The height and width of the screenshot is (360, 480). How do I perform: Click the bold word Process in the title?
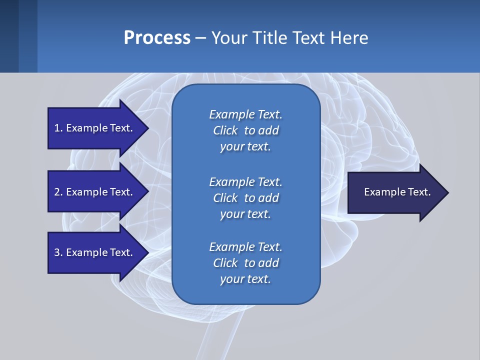[x=157, y=38]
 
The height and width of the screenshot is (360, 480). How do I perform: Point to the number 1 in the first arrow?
[x=57, y=128]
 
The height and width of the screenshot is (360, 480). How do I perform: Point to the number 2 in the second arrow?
[x=57, y=192]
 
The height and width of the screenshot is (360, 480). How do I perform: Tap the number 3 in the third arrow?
[x=57, y=252]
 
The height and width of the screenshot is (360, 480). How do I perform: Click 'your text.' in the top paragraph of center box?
[x=245, y=147]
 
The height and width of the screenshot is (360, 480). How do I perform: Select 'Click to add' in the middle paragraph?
[x=245, y=198]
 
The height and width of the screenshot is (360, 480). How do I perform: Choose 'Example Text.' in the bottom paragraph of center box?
[x=245, y=247]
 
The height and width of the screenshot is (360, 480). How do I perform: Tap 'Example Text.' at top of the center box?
[x=245, y=114]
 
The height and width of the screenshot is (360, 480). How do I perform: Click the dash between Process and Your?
[x=201, y=38]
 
